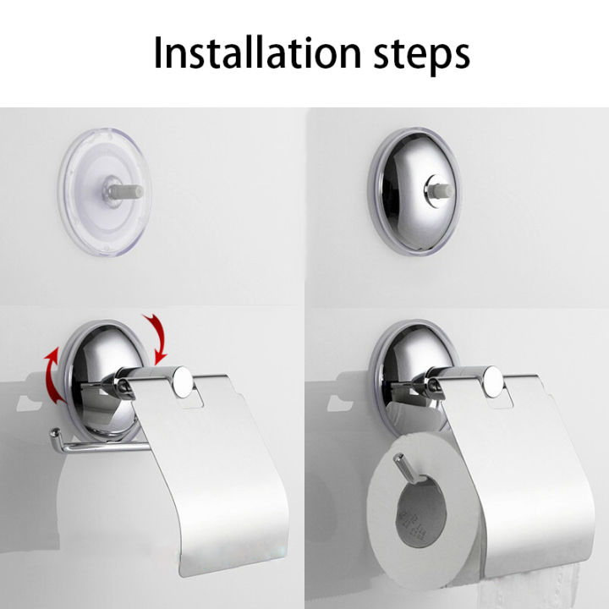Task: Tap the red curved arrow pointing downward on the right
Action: [156, 334]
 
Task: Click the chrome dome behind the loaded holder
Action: [398, 347]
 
